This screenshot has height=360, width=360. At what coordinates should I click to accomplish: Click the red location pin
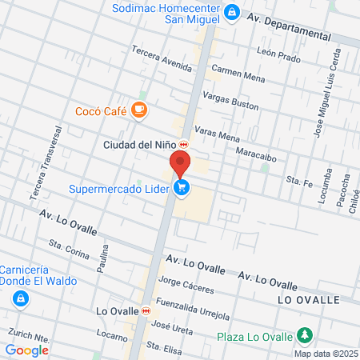pyautogui.click(x=181, y=163)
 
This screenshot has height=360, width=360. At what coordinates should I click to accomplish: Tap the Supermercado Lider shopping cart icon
pyautogui.click(x=183, y=189)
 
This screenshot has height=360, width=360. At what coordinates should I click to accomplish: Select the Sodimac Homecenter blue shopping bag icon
pyautogui.click(x=231, y=12)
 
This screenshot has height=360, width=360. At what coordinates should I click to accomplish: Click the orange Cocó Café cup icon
pyautogui.click(x=139, y=110)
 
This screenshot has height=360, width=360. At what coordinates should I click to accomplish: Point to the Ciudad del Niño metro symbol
pyautogui.click(x=183, y=145)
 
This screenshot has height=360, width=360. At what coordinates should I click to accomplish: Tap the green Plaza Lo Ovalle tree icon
pyautogui.click(x=304, y=335)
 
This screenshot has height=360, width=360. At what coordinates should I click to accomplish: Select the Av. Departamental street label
pyautogui.click(x=288, y=26)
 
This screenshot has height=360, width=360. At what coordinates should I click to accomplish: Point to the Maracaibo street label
pyautogui.click(x=256, y=158)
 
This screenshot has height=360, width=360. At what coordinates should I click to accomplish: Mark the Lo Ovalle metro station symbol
pyautogui.click(x=146, y=310)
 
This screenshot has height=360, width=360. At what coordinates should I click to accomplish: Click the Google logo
pyautogui.click(x=26, y=350)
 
